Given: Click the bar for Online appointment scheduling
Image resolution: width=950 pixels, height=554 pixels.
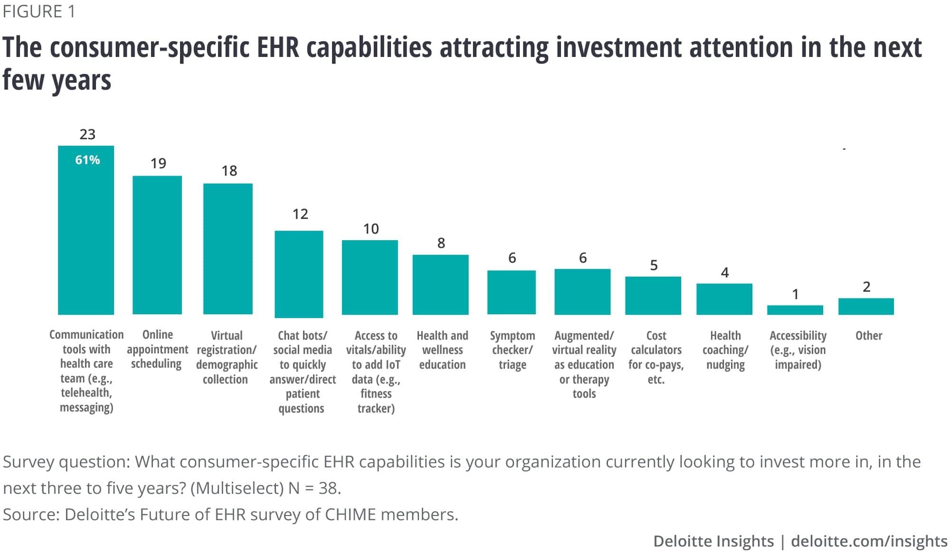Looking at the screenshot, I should coord(157,245).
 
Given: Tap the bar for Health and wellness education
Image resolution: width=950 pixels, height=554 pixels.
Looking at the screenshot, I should coord(440,284).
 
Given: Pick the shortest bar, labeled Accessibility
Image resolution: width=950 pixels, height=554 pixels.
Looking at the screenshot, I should coord(795,310).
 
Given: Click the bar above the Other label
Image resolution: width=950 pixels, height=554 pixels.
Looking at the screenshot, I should coord(866,306).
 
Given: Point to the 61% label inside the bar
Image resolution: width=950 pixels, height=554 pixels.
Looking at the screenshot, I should coord(87,160).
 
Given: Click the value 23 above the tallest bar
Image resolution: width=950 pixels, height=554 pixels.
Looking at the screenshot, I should coord(87,134).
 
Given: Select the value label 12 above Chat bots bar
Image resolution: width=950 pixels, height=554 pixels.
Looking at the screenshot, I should coord(300,214).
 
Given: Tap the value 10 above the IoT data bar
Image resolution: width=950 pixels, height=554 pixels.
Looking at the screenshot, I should coord(371,229).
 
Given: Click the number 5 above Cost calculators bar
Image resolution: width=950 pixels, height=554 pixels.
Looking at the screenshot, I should coord(654,265).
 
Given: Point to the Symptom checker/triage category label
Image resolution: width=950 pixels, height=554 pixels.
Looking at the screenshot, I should coord(512,350).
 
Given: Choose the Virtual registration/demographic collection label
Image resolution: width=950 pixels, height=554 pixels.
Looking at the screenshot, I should coord(227,357).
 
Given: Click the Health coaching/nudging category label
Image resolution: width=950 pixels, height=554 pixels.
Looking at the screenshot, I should coord(725,350).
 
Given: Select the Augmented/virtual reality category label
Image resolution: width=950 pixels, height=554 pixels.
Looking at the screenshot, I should coord(584,364).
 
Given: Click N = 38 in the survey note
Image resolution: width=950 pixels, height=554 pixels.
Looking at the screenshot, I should coord(314,488).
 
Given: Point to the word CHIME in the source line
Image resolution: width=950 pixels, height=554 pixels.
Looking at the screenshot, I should coord(350,515).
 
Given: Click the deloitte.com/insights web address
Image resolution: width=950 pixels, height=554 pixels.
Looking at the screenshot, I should coord(869,541).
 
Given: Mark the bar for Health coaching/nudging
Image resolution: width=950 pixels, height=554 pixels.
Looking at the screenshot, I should coord(724,299).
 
